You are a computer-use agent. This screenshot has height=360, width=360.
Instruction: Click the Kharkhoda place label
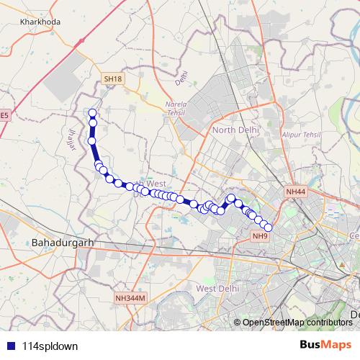click(x=40, y=22)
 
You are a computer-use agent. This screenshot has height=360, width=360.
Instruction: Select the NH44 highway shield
click(x=296, y=192)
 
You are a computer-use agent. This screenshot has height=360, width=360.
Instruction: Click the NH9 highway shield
click(x=260, y=235)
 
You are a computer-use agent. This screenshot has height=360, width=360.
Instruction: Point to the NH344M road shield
click(x=130, y=297)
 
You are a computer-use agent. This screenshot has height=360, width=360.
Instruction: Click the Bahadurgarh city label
click(x=63, y=243)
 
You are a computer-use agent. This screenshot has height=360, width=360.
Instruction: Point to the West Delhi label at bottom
click(x=217, y=288)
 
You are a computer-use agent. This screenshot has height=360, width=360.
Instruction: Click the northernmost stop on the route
click(x=92, y=112)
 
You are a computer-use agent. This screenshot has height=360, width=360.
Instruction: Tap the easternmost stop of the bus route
click(x=268, y=228)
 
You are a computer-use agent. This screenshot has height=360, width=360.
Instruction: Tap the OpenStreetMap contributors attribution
click(x=299, y=323)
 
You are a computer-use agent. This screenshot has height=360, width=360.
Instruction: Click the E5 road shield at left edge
click(x=4, y=114)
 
